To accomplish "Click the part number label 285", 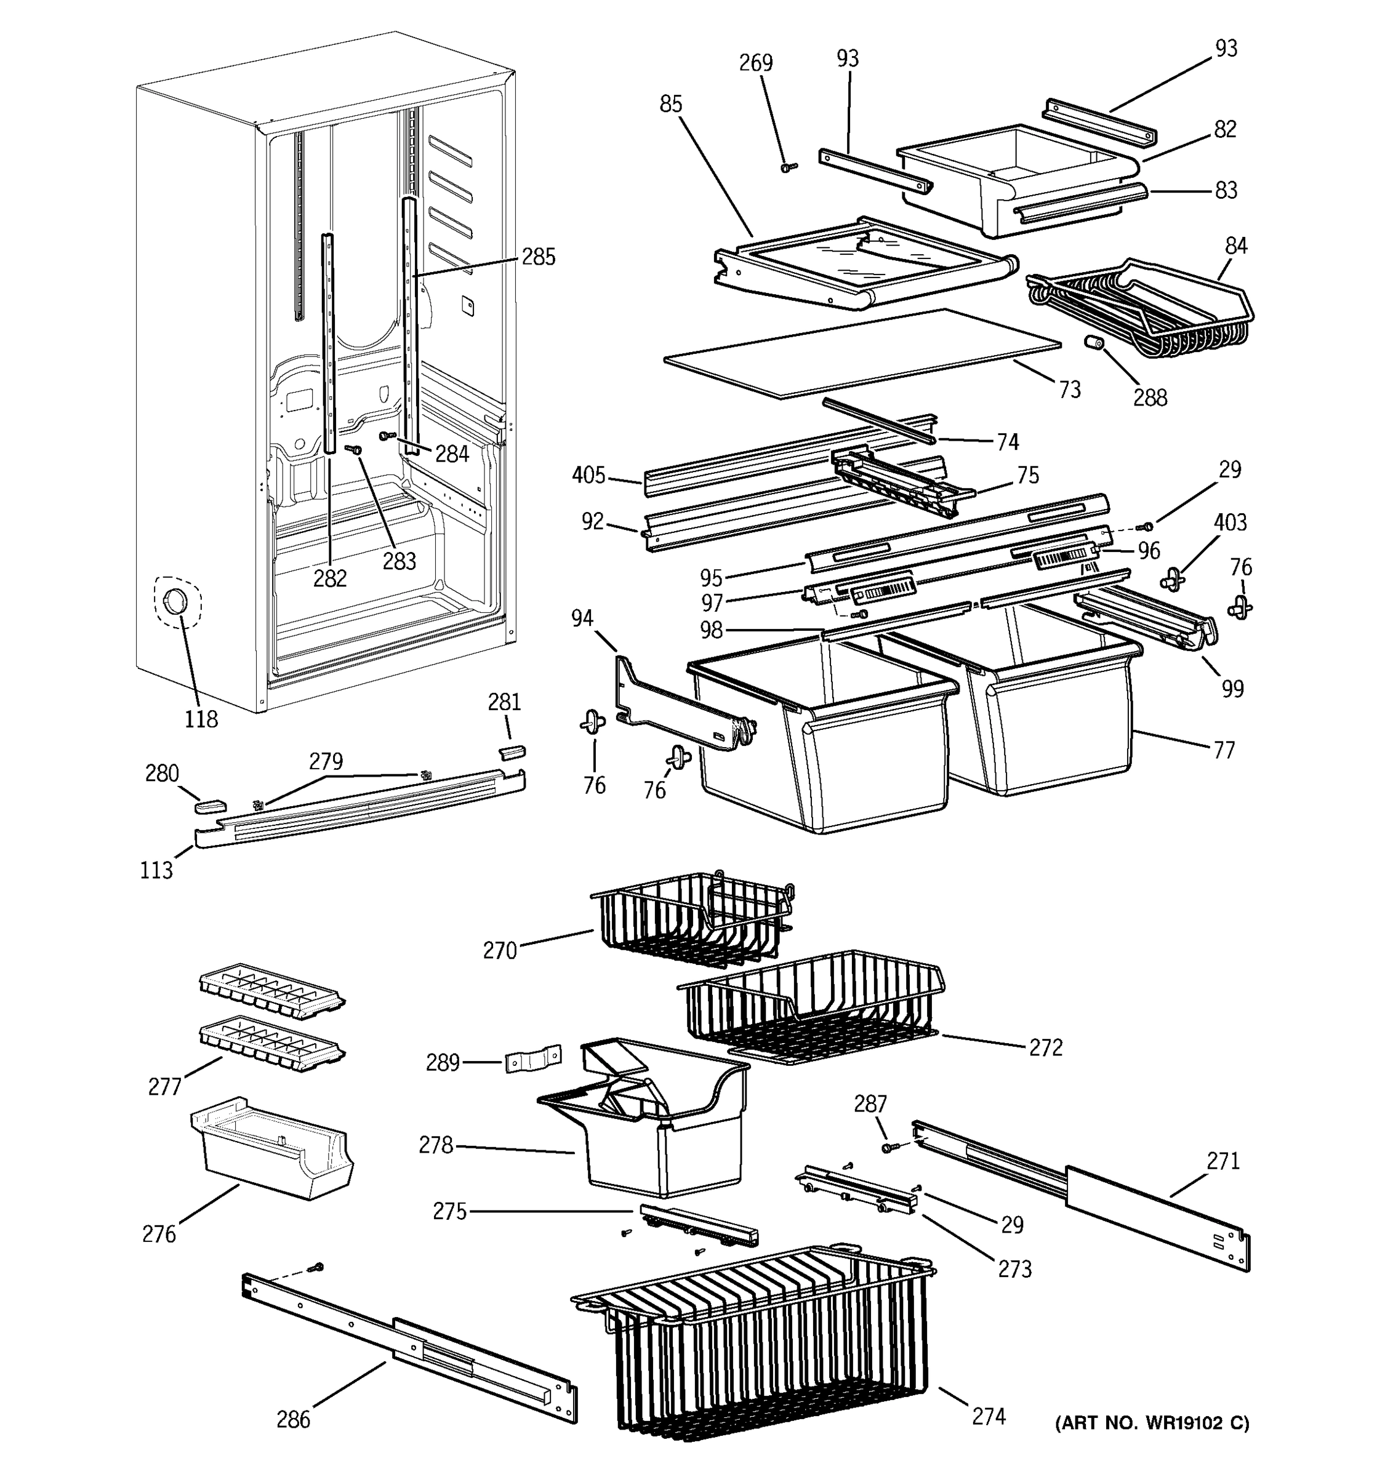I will tap(538, 257).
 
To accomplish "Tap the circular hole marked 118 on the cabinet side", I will tap(175, 602).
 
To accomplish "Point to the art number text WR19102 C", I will tap(1152, 1423).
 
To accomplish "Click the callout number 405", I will tap(588, 476).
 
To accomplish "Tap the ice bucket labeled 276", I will tap(271, 1151).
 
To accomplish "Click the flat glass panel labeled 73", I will tap(862, 353).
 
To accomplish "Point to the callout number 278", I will tap(435, 1145).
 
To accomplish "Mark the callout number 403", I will tap(1230, 522).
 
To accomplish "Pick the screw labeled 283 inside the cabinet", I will tap(355, 449).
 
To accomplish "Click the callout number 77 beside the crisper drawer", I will tap(1223, 750).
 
